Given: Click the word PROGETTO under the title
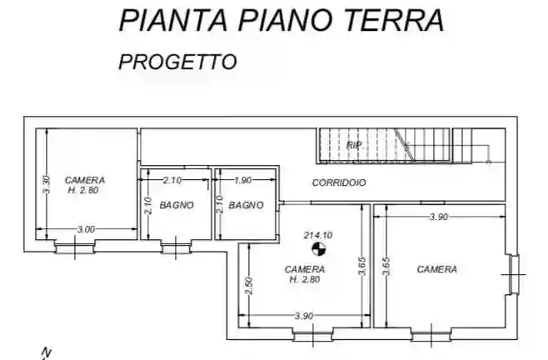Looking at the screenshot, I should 177,61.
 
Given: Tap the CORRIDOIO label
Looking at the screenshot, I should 338,182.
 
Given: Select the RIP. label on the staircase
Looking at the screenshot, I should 355,145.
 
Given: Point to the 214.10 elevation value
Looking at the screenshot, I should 318,236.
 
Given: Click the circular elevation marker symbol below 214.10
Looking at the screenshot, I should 317,249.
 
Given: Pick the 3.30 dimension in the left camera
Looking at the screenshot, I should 47,184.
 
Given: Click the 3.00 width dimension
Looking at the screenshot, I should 86,229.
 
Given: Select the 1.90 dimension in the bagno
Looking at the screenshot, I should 243,180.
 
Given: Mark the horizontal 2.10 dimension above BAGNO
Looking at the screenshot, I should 172,180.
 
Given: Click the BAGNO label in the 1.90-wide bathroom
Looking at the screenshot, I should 247,205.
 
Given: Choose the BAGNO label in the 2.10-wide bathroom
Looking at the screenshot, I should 177,205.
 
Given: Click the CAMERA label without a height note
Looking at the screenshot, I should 436,269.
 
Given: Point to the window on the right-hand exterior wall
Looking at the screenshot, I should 514,274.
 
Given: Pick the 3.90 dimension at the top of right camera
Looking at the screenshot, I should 439,217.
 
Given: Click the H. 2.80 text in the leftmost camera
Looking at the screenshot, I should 85,189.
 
